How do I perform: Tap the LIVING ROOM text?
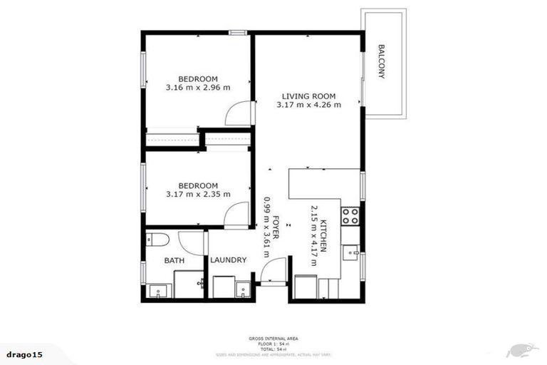click(308, 96)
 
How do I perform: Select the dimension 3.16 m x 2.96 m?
click(198, 88)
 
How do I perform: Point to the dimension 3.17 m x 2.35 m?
click(198, 193)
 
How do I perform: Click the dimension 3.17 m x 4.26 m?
click(308, 106)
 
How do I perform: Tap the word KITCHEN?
click(324, 236)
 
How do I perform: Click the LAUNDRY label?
click(229, 260)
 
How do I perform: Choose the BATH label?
click(174, 261)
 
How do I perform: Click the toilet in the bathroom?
click(157, 239)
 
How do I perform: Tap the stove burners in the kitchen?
click(350, 215)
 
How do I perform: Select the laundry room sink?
click(244, 290)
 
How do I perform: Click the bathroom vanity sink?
click(157, 290)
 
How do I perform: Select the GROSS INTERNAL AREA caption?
click(273, 339)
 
